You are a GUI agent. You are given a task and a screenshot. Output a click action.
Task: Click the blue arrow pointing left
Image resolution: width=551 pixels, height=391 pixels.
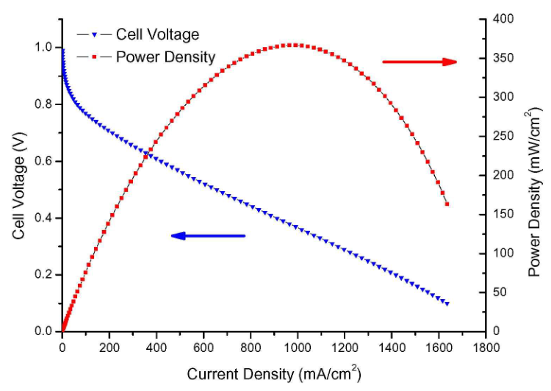point(208,236)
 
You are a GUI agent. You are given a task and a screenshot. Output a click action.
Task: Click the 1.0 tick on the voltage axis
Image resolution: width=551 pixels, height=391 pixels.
point(46,47)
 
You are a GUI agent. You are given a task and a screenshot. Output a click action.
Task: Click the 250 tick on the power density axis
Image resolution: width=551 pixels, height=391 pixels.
point(500,136)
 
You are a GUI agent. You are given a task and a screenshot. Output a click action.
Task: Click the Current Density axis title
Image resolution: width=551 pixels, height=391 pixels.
point(273,373)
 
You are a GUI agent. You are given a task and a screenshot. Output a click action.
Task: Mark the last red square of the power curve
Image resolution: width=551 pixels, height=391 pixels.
point(447,204)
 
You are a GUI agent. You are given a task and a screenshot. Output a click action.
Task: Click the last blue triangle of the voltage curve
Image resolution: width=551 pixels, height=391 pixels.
point(447,304)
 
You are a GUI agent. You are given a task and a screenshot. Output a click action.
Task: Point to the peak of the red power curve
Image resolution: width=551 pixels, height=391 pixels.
point(292,45)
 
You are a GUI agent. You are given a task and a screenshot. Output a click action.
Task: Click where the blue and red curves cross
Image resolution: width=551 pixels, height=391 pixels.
point(150,154)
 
